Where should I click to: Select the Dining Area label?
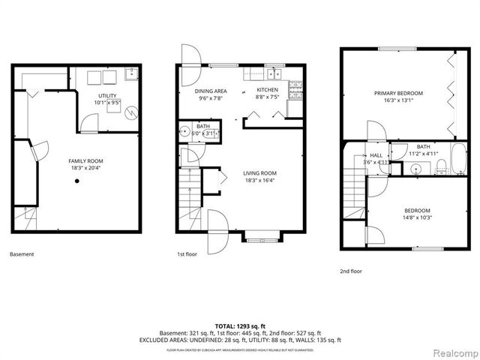pyautogui.click(x=211, y=90)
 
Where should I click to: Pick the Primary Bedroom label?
pyautogui.click(x=398, y=93)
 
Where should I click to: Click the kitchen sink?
pyautogui.click(x=274, y=73)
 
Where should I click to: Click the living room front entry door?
pyautogui.click(x=218, y=227)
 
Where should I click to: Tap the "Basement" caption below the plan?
pyautogui.click(x=22, y=254)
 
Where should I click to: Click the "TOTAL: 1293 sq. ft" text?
pyautogui.click(x=239, y=325)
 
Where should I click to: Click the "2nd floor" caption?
pyautogui.click(x=351, y=271)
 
